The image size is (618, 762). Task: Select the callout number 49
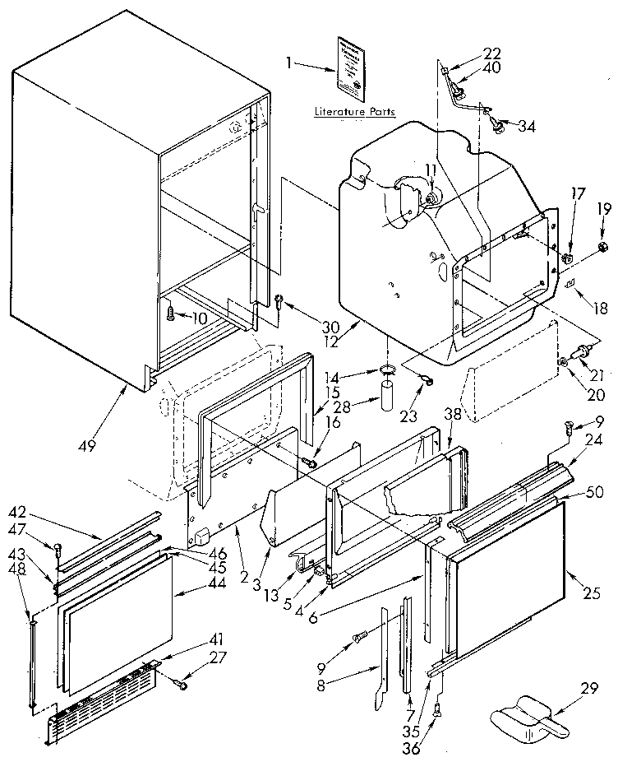[88, 445]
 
